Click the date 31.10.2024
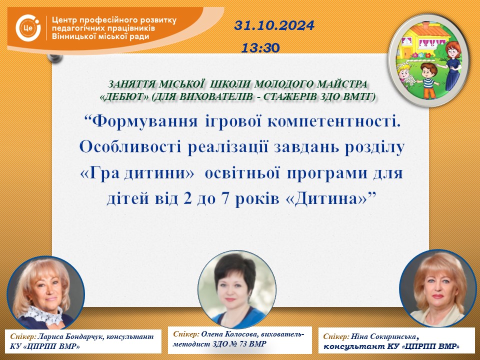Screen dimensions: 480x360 coord(274,25)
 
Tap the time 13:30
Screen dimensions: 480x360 coord(260,48)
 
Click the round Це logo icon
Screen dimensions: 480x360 coord(28,28)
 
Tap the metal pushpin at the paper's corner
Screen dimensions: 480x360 coord(55,57)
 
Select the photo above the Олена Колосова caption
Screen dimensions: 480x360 coord(237,289)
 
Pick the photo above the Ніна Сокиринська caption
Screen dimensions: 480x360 coord(438,288)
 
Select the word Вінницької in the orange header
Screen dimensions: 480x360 coord(71,36)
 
